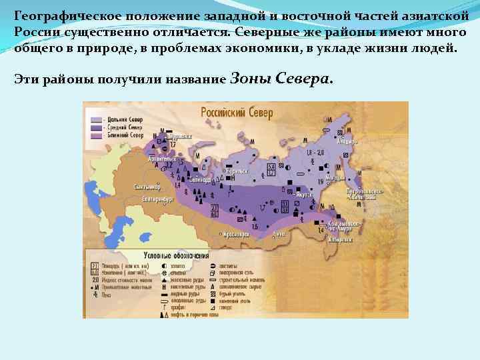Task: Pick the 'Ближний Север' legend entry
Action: pyautogui.click(x=125, y=135)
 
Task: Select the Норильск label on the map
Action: pyautogui.click(x=235, y=171)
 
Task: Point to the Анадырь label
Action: pyautogui.click(x=347, y=141)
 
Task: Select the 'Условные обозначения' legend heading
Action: pyautogui.click(x=173, y=255)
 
